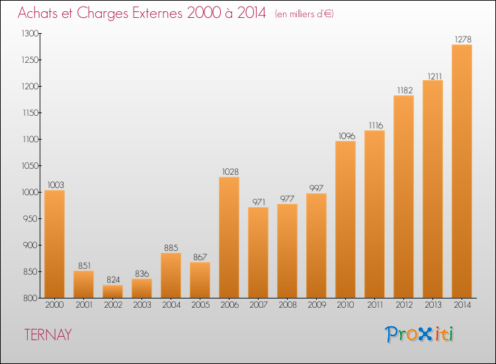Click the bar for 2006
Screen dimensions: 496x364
[229, 238]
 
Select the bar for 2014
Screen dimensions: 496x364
[462, 171]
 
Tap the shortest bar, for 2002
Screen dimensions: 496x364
[112, 291]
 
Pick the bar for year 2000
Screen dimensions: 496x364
[54, 244]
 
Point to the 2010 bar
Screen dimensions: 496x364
[345, 219]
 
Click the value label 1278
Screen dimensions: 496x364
[463, 39]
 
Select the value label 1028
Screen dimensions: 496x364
[230, 171]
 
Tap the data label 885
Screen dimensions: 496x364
[171, 248]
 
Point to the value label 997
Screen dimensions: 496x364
[316, 188]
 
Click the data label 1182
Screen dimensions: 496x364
[405, 90]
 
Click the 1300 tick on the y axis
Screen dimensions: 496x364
[30, 33]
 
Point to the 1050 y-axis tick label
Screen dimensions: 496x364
[30, 165]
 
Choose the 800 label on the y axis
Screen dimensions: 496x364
[31, 298]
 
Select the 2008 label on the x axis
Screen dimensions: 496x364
[288, 305]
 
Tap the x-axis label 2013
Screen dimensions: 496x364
[433, 305]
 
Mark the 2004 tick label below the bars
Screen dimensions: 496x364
[171, 305]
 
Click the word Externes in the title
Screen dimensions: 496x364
[157, 13]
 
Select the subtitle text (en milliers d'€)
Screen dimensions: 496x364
[304, 14]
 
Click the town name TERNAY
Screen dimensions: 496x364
[48, 335]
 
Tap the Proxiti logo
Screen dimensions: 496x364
[419, 334]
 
